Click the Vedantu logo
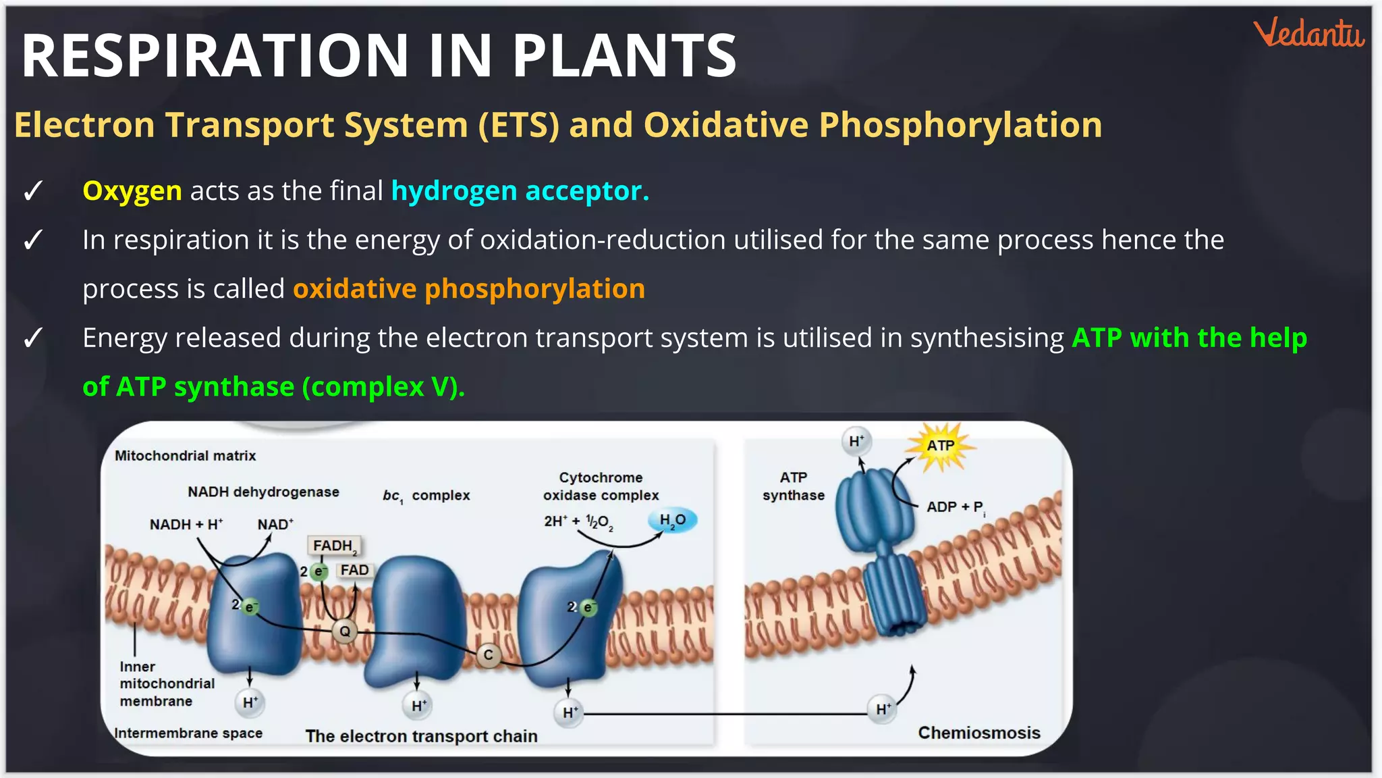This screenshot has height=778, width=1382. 1308,33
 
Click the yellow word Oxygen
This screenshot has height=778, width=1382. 132,191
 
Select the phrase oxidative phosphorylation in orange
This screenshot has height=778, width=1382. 469,289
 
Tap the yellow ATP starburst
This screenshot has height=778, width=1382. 940,446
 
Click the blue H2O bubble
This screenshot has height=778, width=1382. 672,520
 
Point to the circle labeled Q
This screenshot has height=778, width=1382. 345,631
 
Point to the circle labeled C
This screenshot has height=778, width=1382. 488,655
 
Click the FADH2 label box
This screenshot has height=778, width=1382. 334,546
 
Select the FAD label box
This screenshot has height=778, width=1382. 354,570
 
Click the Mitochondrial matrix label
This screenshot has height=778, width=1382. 186,456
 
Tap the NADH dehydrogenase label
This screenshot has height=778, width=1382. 263,492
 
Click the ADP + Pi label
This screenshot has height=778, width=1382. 956,507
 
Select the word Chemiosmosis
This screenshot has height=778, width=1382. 978,733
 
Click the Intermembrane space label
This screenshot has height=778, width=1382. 188,733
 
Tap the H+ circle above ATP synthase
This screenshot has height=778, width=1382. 856,441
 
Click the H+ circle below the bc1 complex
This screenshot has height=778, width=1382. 419,706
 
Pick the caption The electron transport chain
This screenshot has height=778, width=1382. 421,736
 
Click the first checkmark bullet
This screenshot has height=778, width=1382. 33,191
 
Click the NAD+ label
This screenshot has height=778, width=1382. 275,525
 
